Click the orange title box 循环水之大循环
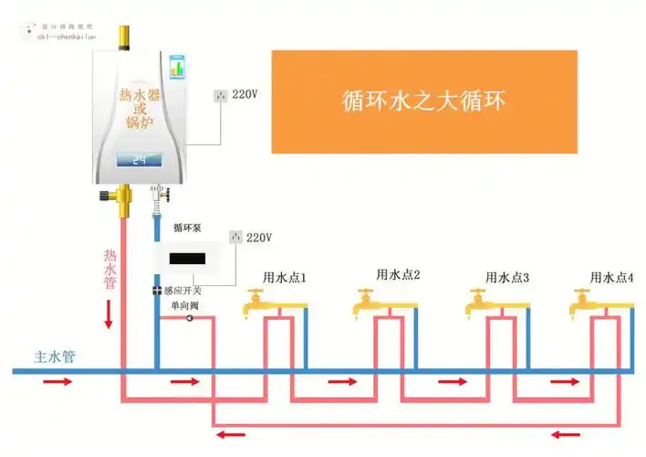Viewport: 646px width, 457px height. pos(424,101)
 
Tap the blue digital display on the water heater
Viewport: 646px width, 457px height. pos(140,160)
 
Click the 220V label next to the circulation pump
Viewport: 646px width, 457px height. pos(259,238)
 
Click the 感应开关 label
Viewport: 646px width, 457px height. pos(184,292)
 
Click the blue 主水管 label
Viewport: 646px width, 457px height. pos(53,356)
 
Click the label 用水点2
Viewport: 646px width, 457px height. pos(398,275)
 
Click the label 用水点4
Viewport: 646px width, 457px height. pos(611,277)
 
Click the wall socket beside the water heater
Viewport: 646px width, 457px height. pos(220,95)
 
